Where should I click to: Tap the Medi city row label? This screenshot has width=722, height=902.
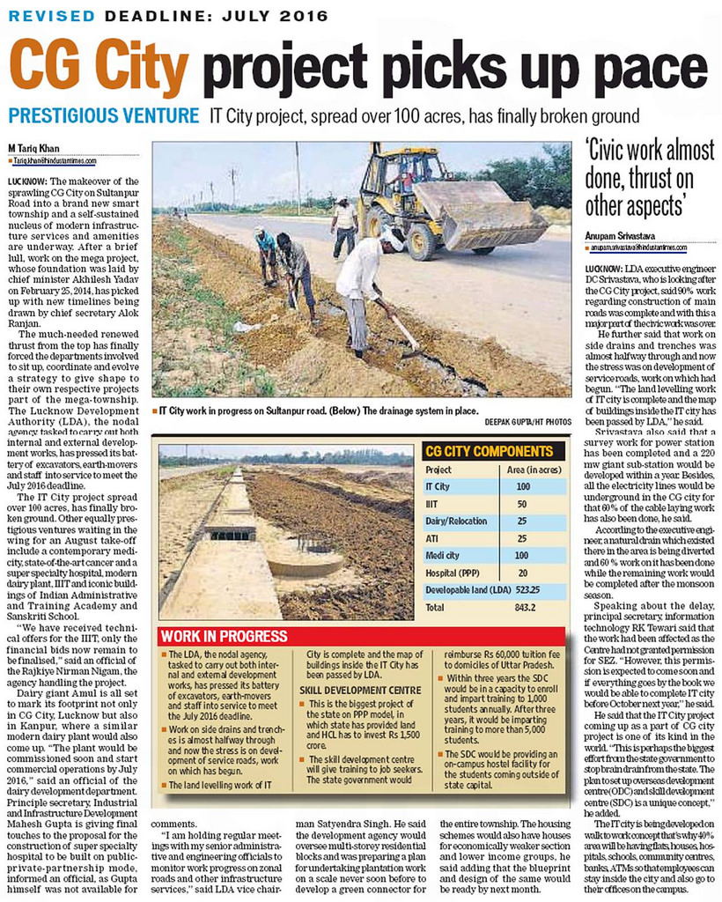(441, 555)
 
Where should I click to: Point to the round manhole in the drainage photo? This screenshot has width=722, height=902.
(304, 561)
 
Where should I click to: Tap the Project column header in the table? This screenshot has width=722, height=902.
(438, 469)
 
